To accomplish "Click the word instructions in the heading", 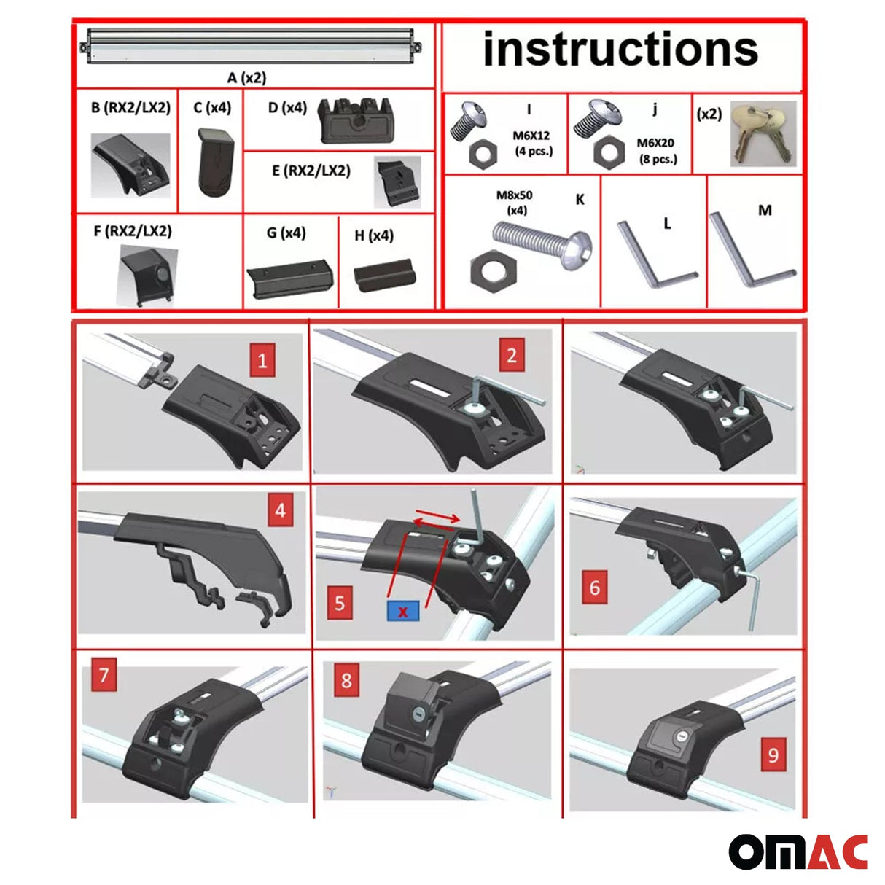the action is (620, 49).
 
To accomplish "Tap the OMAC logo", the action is (798, 852).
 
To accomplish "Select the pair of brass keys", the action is (763, 134).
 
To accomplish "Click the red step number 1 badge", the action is (262, 360).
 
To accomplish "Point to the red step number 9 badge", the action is (773, 755).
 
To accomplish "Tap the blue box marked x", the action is (403, 611).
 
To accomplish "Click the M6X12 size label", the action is (531, 136).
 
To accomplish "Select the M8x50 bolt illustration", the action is (542, 244).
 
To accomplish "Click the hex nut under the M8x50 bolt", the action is (494, 271).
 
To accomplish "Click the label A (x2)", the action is (246, 77).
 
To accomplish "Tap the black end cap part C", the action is (216, 163).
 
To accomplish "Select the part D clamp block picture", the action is (356, 121).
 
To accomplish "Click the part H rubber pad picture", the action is (384, 275).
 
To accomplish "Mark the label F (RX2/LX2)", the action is (133, 230).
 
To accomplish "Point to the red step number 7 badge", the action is (104, 674).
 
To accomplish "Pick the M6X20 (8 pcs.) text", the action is (656, 151).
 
